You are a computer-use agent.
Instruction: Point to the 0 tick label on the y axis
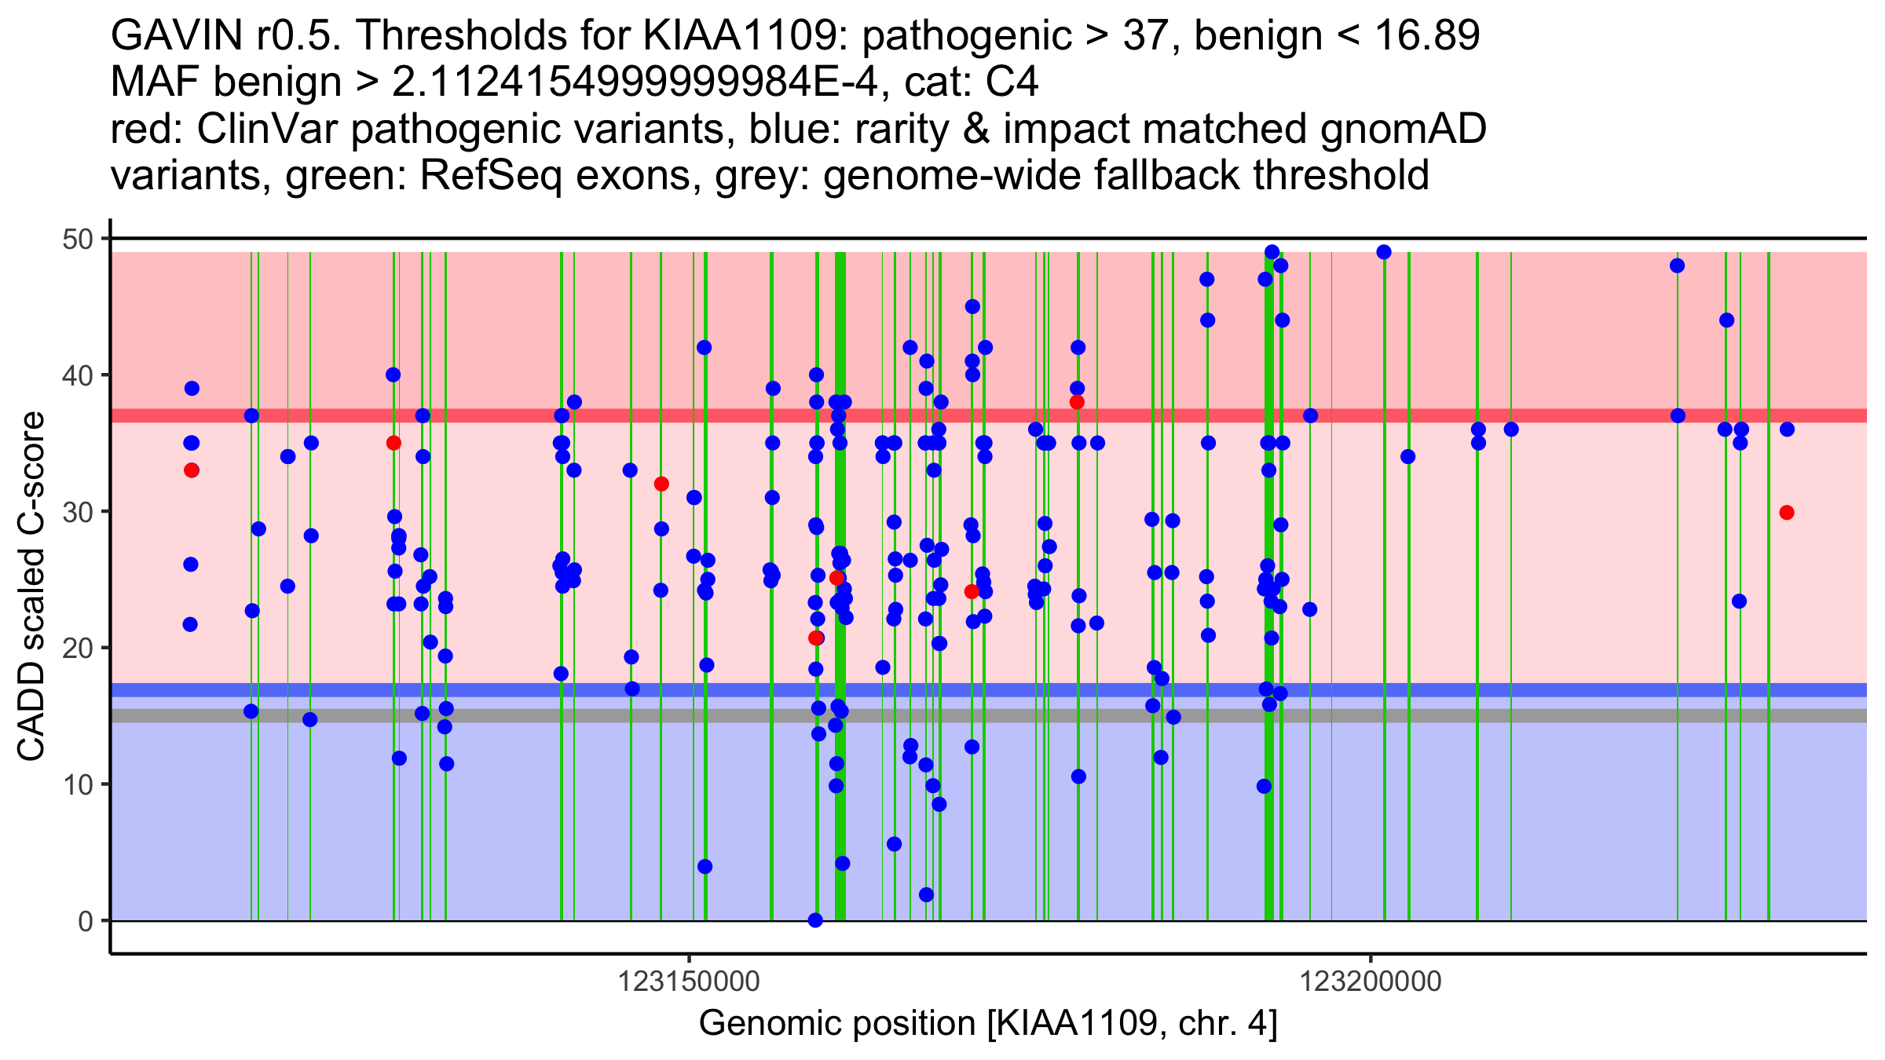[x=85, y=921]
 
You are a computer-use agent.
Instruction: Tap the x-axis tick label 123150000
[x=689, y=981]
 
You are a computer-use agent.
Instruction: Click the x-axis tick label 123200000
[x=1371, y=981]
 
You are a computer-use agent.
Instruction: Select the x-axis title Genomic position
[x=988, y=1024]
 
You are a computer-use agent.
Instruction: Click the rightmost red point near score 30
[x=1787, y=513]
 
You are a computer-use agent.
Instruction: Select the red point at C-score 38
[x=1077, y=402]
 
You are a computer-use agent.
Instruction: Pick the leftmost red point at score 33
[x=192, y=470]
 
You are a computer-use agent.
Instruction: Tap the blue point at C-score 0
[x=815, y=920]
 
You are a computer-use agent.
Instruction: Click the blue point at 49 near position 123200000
[x=1384, y=252]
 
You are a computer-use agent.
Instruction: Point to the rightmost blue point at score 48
[x=1677, y=265]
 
